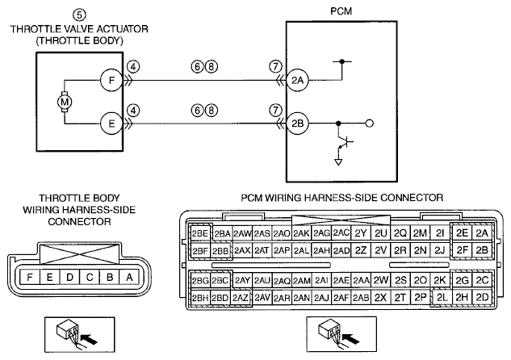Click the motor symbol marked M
pyautogui.click(x=65, y=102)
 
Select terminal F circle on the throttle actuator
pyautogui.click(x=111, y=80)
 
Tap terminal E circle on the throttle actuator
pyautogui.click(x=111, y=123)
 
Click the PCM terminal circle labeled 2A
pyautogui.click(x=298, y=80)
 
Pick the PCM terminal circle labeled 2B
pyautogui.click(x=298, y=123)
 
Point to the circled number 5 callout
pyautogui.click(x=80, y=15)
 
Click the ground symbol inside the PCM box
pyautogui.click(x=338, y=162)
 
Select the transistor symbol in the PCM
pyautogui.click(x=345, y=142)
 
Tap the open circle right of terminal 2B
pyautogui.click(x=370, y=123)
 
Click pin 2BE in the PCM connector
pyautogui.click(x=199, y=233)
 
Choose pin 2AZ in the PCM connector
pyautogui.click(x=241, y=298)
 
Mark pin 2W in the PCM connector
pyautogui.click(x=381, y=280)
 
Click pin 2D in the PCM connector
pyautogui.click(x=482, y=297)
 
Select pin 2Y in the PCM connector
pyautogui.click(x=361, y=233)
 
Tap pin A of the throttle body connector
pyautogui.click(x=130, y=277)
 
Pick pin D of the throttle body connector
pyautogui.click(x=69, y=277)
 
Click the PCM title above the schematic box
pyautogui.click(x=341, y=11)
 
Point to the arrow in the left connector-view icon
pyautogui.click(x=89, y=339)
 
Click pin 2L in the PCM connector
pyautogui.click(x=442, y=297)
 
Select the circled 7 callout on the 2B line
pyautogui.click(x=275, y=111)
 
